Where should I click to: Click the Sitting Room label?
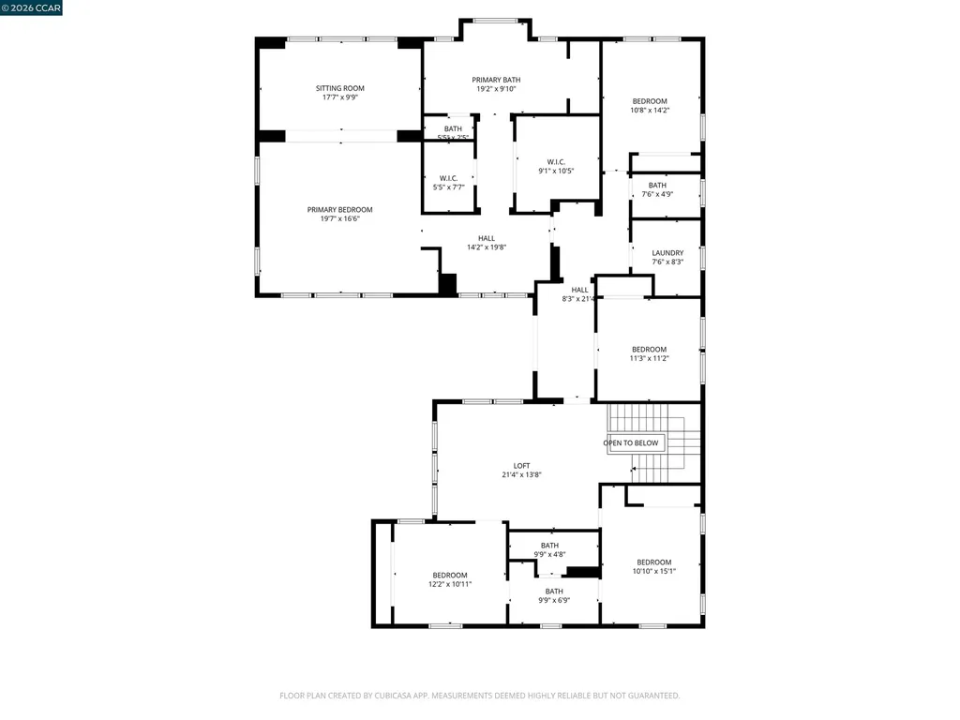[339, 88]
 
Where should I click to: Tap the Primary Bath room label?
[496, 81]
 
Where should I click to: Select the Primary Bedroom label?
[339, 210]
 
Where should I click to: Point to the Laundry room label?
[667, 253]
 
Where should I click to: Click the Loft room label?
[521, 466]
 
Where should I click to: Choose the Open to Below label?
[631, 442]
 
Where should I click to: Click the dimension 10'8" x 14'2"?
[650, 111]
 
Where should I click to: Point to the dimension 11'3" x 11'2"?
[649, 358]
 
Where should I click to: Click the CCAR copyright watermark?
[32, 7]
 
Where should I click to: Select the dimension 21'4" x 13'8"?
[521, 475]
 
